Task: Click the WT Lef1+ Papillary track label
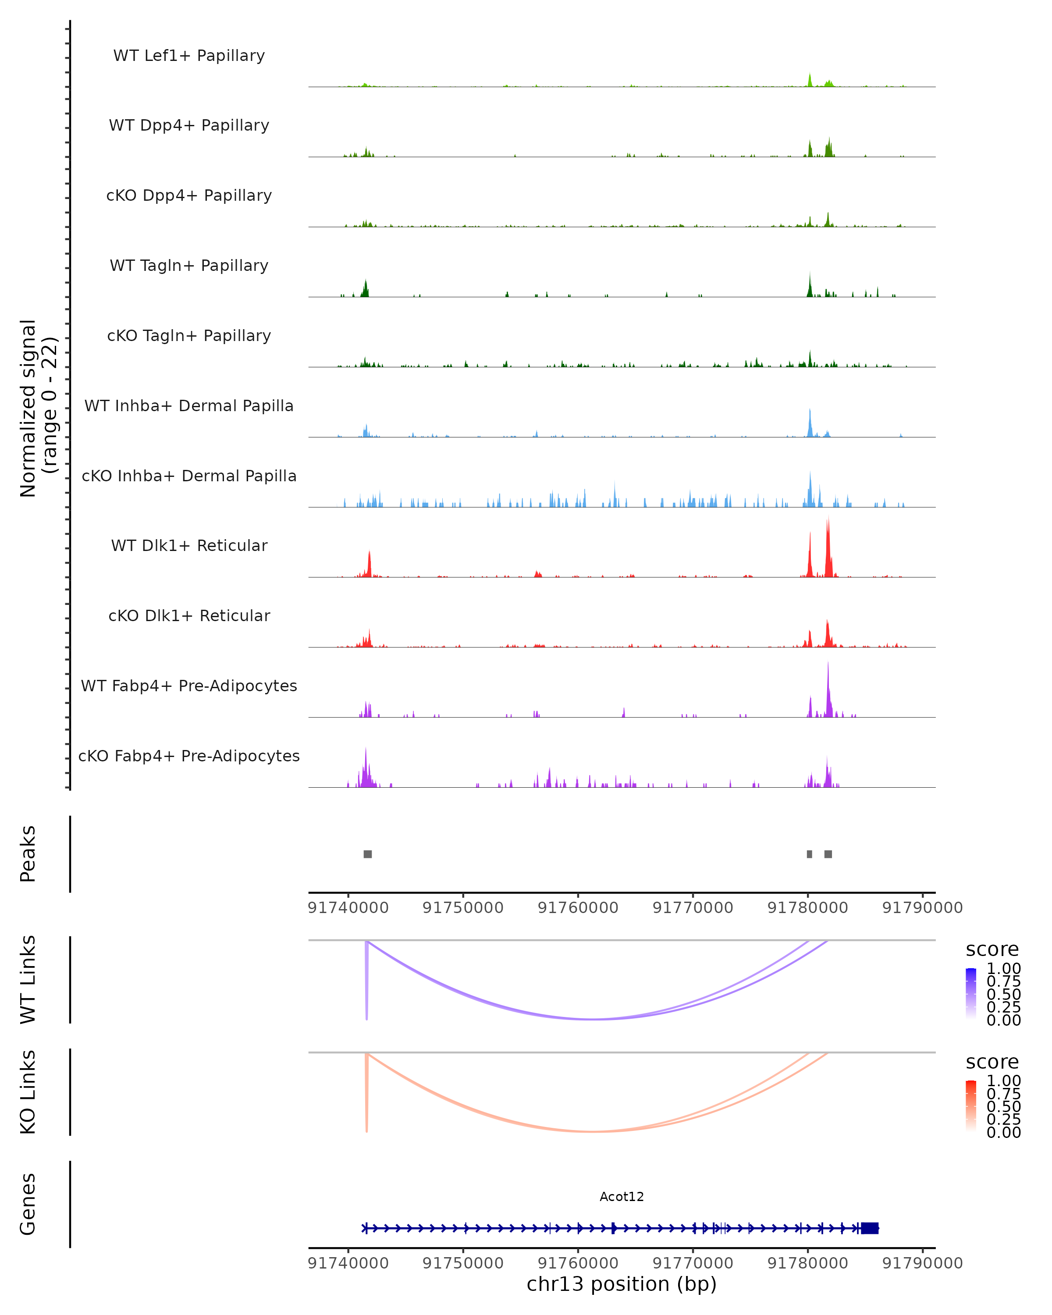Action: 189,56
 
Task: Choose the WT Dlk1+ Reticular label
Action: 189,545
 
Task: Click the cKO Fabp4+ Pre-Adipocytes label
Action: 189,756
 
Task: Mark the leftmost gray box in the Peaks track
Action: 368,854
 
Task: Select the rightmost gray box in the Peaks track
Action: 828,854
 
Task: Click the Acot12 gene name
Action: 622,1196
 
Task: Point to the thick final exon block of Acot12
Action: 870,1228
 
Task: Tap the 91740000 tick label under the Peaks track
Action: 348,908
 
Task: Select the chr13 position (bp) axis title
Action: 622,1284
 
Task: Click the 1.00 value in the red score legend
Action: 1004,1081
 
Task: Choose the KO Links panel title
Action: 28,1092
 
